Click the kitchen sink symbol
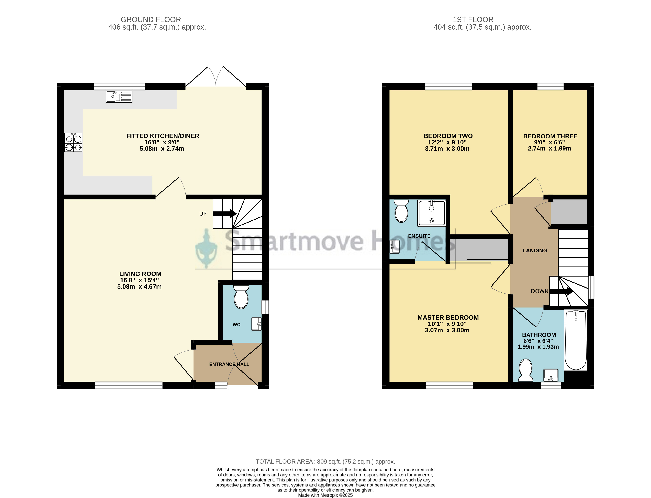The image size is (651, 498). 119,97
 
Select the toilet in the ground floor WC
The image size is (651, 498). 241,297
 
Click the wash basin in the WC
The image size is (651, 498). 256,324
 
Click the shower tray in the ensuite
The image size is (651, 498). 431,213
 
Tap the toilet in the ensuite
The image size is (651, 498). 402,211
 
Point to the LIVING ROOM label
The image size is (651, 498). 140,274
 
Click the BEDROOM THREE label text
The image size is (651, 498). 550,136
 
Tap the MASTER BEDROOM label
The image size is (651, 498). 448,318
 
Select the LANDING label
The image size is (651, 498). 535,250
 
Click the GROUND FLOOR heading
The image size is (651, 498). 151,20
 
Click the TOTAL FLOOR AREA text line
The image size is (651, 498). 325,462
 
